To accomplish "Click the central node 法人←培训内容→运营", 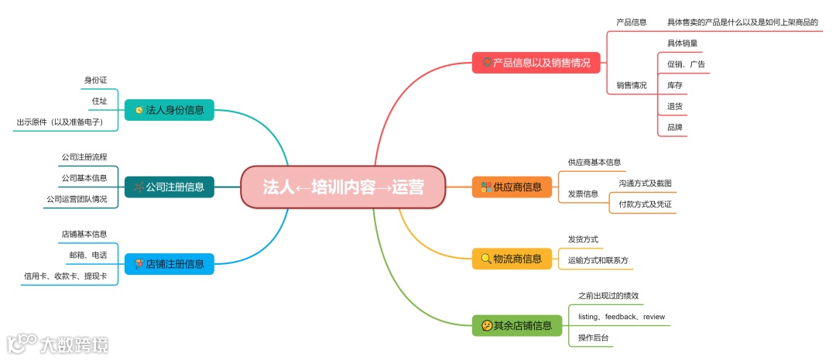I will point(343,187).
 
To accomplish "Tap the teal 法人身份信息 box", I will point(169,110).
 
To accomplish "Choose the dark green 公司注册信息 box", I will point(169,187).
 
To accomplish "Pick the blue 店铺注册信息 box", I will point(169,264).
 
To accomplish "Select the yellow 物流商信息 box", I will point(512,259).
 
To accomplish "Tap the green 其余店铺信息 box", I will point(516,325).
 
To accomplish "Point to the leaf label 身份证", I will point(95,80).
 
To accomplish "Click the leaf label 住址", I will point(99,101).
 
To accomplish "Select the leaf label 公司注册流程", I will point(84,157).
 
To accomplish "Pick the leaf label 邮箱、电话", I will point(87,255).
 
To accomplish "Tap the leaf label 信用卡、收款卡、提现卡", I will point(65,276).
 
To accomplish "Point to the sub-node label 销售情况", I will point(631,85).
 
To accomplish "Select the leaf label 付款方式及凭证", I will point(645,204).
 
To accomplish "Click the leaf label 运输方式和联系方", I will point(598,261).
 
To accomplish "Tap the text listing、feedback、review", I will point(622,317).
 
